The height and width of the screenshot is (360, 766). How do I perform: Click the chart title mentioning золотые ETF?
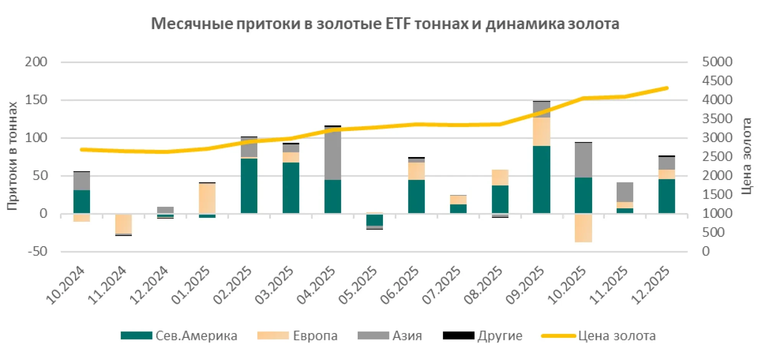tap(385, 24)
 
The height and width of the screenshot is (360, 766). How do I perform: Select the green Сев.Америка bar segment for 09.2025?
tap(541, 179)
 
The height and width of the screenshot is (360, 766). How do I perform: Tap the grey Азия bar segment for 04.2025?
tap(332, 153)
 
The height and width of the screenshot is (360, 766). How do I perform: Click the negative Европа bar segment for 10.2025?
tap(583, 228)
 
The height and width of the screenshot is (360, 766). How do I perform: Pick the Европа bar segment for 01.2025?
tap(207, 198)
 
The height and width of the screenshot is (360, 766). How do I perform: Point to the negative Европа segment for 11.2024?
tap(123, 224)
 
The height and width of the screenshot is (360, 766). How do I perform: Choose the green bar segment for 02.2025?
tap(249, 186)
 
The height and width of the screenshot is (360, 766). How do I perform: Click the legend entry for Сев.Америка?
tap(179, 336)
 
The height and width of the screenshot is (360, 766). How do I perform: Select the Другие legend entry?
tap(483, 336)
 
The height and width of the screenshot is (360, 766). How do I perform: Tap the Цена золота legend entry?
tap(599, 336)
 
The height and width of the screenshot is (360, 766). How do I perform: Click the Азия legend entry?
tap(390, 336)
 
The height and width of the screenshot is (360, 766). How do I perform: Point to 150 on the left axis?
tap(36, 100)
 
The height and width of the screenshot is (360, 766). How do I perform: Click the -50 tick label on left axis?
tap(37, 252)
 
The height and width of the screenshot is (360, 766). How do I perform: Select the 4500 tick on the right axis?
tap(717, 81)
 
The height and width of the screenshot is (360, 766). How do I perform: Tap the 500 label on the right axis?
tap(713, 232)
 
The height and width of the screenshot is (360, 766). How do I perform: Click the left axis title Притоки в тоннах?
tap(12, 156)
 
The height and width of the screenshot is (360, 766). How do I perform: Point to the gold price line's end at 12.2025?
tap(667, 88)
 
